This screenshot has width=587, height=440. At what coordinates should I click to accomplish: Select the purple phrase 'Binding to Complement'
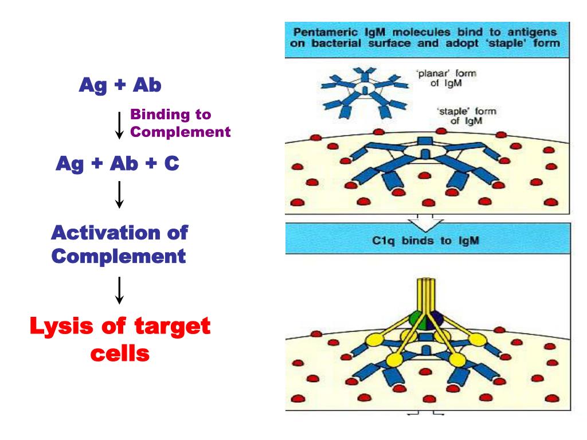pyautogui.click(x=180, y=123)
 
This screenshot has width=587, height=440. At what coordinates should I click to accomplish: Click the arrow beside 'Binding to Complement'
pyautogui.click(x=119, y=125)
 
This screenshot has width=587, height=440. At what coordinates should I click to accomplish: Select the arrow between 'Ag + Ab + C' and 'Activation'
pyautogui.click(x=119, y=195)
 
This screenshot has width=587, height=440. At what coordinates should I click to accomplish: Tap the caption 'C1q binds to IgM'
pyautogui.click(x=425, y=241)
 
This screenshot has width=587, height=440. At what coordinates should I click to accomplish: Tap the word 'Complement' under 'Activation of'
pyautogui.click(x=119, y=256)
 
